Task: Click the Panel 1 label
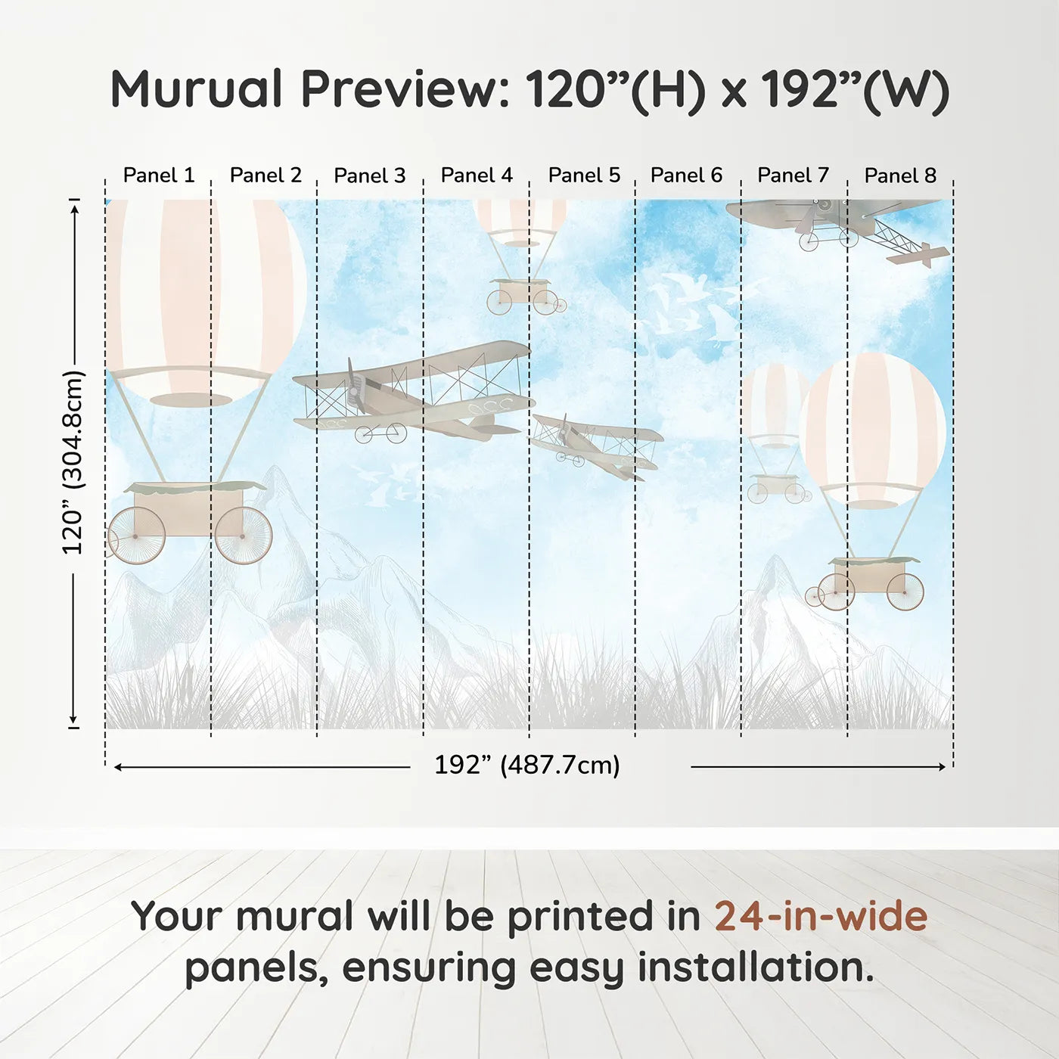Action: (159, 175)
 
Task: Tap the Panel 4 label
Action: (477, 175)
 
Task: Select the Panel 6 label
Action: (686, 175)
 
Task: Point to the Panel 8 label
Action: (900, 175)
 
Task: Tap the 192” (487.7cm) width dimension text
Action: (526, 766)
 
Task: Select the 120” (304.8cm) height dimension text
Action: (73, 462)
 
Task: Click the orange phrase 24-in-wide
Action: (821, 916)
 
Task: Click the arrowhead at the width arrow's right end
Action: (942, 767)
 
